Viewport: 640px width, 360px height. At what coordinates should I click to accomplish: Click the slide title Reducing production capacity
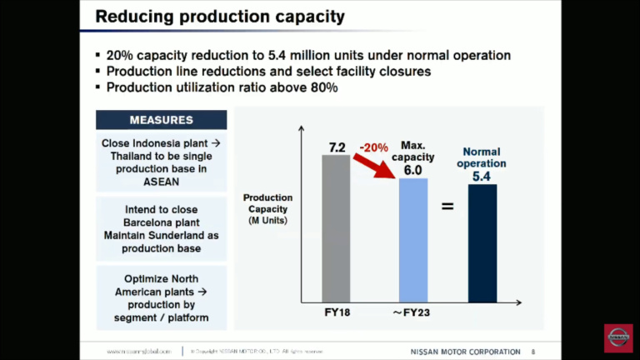(x=220, y=17)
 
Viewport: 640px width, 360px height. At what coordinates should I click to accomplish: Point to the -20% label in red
(x=374, y=147)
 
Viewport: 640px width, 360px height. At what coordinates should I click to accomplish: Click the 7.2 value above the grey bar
(x=337, y=147)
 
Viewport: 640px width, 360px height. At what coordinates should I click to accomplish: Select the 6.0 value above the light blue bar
(x=412, y=170)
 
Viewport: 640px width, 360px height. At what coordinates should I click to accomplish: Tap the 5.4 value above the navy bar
(x=482, y=177)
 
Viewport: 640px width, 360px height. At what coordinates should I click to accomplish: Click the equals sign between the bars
(x=447, y=205)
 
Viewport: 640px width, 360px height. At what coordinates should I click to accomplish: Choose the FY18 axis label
(x=336, y=313)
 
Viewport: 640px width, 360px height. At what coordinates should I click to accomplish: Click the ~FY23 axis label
(x=412, y=313)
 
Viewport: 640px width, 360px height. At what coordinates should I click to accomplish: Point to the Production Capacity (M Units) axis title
(x=267, y=208)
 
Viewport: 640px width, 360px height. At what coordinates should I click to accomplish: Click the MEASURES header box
(x=162, y=120)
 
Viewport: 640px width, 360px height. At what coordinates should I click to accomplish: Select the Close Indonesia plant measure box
(x=162, y=162)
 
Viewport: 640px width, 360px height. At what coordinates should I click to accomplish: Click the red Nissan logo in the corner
(x=617, y=338)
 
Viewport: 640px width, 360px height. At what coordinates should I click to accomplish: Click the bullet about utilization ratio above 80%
(x=221, y=87)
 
